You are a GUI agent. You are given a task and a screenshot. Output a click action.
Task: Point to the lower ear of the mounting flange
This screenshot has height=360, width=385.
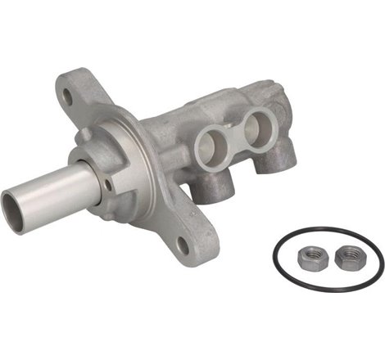point(190,237)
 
